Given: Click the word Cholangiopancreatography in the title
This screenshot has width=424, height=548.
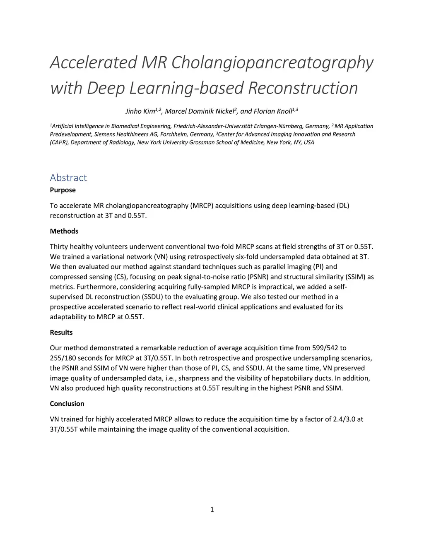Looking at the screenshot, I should pos(272,63).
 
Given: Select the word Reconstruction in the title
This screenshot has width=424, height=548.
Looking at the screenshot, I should pos(303,88).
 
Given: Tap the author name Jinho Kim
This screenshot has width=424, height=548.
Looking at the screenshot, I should pos(140,111).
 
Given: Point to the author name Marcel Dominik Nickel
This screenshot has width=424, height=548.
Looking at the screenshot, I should pos(200,111).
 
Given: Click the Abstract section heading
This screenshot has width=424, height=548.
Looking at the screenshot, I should pos(68,177).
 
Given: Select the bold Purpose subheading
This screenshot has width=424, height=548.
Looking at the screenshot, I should pos(63,190).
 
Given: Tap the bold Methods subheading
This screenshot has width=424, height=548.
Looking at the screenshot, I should pos(64,231).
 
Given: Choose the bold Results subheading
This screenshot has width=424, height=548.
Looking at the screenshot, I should pos(61,333).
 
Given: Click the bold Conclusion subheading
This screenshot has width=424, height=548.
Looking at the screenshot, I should pos(67,404).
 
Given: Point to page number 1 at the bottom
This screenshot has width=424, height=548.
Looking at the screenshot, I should pos(212,510).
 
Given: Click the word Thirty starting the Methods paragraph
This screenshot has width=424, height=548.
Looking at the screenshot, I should pos(59,247).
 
